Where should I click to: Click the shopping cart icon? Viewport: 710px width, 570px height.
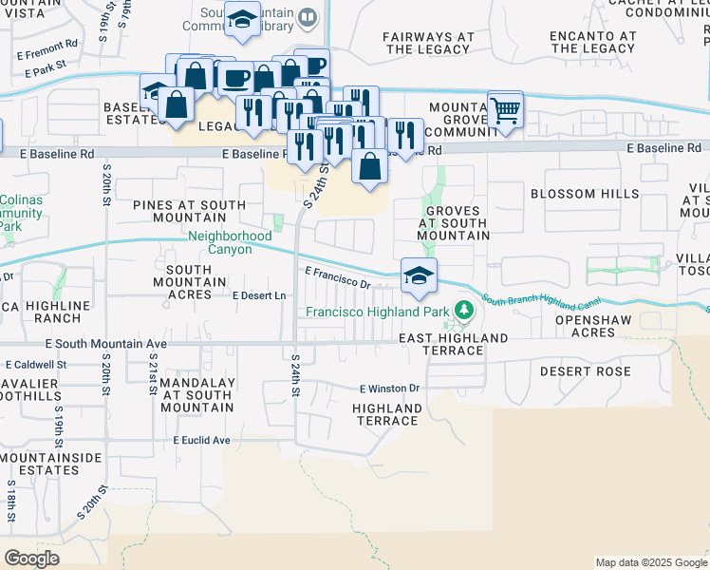505,110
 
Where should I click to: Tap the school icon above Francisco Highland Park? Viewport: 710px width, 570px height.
419,276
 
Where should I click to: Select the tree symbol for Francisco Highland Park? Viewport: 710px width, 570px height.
463,311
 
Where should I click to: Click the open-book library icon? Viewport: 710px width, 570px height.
307,17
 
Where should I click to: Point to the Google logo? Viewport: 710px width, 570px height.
31,559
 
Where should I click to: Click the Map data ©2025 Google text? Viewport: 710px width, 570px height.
651,562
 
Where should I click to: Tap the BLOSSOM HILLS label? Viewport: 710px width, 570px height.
585,194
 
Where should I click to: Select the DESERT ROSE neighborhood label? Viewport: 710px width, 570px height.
578,370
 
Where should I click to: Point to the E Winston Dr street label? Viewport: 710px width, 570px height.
389,389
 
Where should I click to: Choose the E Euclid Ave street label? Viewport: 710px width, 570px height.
201,441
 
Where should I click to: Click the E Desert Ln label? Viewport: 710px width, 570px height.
259,296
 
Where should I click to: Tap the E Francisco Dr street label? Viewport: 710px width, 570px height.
337,277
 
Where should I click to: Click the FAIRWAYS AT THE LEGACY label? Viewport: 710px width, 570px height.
428,43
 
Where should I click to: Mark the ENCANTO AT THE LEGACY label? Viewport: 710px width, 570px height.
592,42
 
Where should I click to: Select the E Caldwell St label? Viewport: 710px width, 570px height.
36,364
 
